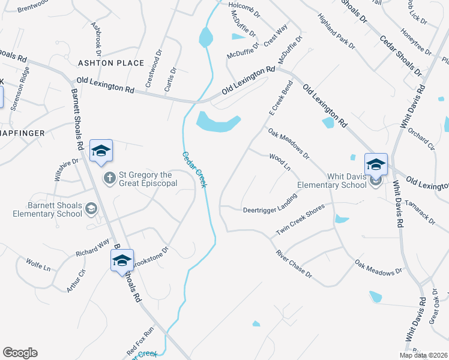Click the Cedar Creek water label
click(194, 169)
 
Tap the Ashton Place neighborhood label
click(111, 63)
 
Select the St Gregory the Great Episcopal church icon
click(110, 178)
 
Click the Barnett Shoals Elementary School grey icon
click(91, 209)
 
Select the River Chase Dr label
click(294, 264)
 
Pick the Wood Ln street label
click(280, 162)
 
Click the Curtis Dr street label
click(170, 79)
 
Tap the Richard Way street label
click(92, 249)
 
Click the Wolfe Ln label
click(38, 265)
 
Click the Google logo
click(20, 353)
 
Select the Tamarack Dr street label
click(420, 212)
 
